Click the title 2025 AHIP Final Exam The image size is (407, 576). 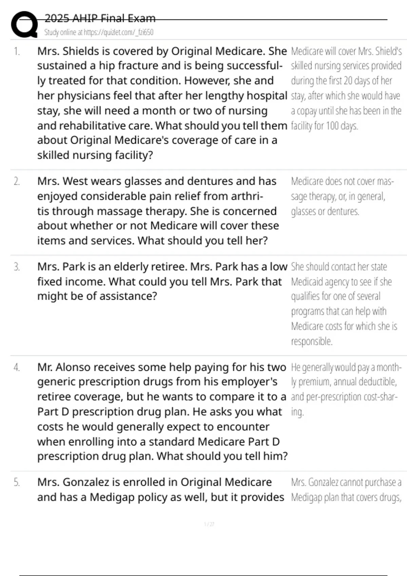100,18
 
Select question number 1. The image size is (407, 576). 17,52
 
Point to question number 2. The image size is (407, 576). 17,182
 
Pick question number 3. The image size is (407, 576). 17,267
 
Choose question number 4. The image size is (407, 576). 17,367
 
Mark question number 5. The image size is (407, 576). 17,482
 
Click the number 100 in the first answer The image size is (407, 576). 332,126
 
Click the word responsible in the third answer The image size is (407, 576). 311,341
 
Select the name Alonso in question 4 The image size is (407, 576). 73,367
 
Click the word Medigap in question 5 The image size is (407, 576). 112,497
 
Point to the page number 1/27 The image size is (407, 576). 209,524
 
